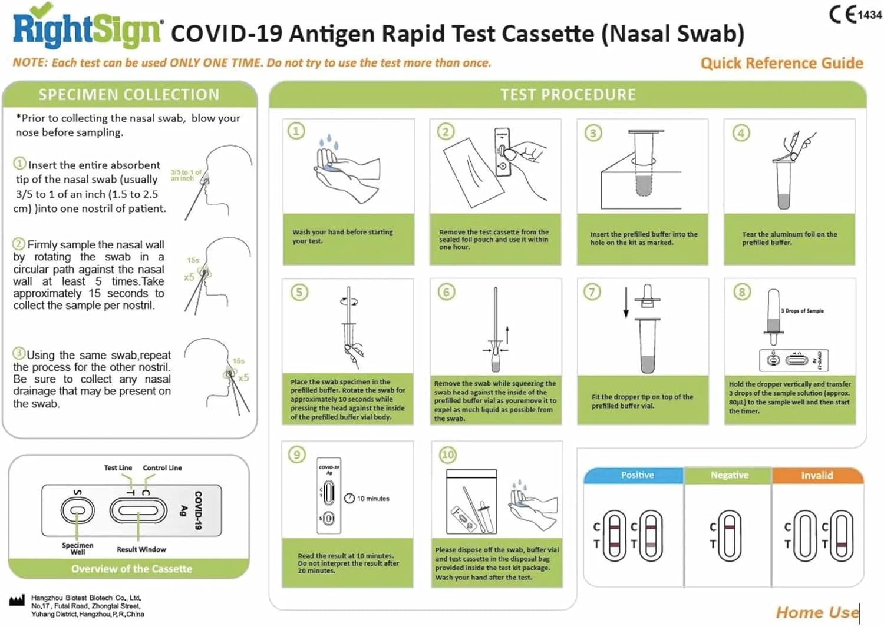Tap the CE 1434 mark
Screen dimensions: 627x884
(855, 14)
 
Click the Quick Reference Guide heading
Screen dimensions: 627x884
(781, 63)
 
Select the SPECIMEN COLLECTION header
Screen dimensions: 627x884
(129, 95)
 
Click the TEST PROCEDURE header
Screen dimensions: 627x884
(568, 95)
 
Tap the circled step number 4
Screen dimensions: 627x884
(741, 133)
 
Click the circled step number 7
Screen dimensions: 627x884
(592, 292)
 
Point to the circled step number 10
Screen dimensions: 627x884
(448, 455)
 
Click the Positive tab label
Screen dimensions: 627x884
(637, 475)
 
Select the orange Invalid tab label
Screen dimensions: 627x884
(817, 476)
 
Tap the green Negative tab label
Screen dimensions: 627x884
(729, 475)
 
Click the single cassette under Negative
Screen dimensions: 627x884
(730, 535)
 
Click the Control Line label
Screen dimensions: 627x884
(162, 468)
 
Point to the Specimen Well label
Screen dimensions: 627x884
(77, 548)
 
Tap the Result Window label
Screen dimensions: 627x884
(141, 549)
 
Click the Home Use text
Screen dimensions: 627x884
(817, 613)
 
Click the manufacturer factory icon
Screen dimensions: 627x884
(17, 601)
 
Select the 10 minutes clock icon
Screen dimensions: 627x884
(349, 499)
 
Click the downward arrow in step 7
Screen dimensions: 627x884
(626, 303)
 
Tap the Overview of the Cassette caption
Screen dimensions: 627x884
(131, 569)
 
